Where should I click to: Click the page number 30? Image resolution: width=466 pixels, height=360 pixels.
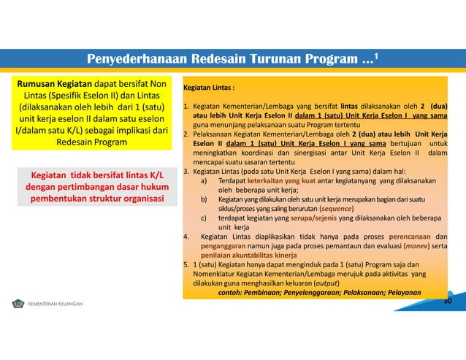tap(448, 301)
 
